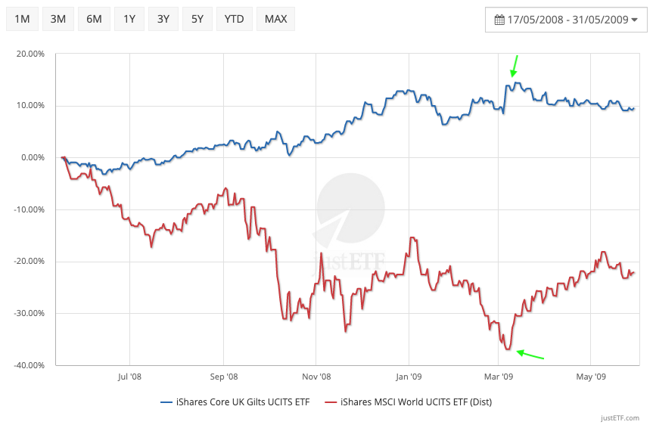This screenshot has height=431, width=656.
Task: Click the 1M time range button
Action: (23, 19)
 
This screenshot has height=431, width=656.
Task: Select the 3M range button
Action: (58, 19)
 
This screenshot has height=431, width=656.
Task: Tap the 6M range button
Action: (94, 19)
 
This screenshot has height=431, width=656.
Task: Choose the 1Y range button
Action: (129, 19)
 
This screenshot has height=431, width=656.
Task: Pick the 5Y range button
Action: (197, 19)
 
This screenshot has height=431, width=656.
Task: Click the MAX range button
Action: (275, 19)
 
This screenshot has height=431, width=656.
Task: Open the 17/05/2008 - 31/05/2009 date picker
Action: (566, 20)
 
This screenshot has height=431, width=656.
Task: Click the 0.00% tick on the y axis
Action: (34, 158)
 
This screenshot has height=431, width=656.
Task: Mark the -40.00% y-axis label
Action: (30, 365)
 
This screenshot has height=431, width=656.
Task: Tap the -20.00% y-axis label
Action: (30, 262)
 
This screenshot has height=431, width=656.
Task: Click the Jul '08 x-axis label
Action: (129, 376)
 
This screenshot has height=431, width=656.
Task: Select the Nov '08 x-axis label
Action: (316, 376)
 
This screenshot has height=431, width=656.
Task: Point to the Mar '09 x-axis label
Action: (499, 376)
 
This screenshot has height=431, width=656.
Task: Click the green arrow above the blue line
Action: (515, 66)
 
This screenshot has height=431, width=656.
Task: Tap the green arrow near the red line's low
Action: (529, 353)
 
